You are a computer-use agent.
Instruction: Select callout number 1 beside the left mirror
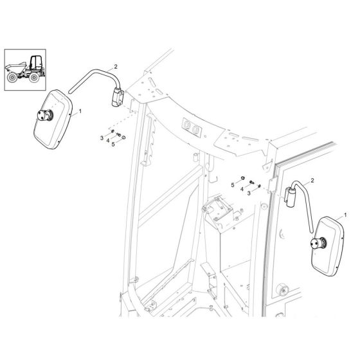pyautogui.click(x=80, y=111)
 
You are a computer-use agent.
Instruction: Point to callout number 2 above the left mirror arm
pyautogui.click(x=115, y=66)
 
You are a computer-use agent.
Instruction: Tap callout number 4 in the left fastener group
pyautogui.click(x=107, y=141)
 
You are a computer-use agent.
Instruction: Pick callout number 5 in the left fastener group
pyautogui.click(x=113, y=144)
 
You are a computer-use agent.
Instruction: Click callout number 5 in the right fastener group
pyautogui.click(x=233, y=185)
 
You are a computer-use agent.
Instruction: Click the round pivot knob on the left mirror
pyautogui.click(x=47, y=116)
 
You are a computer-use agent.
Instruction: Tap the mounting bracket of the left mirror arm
pyautogui.click(x=117, y=98)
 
